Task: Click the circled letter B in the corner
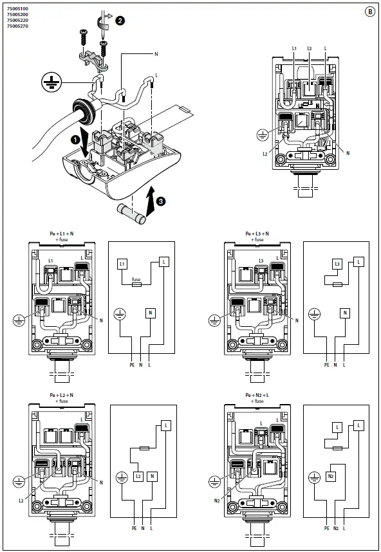coord(370,10)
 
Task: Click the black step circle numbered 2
coord(120,21)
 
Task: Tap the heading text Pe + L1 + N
coord(62,234)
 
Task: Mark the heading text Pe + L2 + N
coord(62,395)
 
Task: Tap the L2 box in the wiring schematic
coord(138,476)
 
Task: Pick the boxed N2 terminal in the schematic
coord(330,476)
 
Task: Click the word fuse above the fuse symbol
coord(136,279)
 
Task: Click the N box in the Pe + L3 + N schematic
coord(345,313)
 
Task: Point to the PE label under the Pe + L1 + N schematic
coord(132,364)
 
